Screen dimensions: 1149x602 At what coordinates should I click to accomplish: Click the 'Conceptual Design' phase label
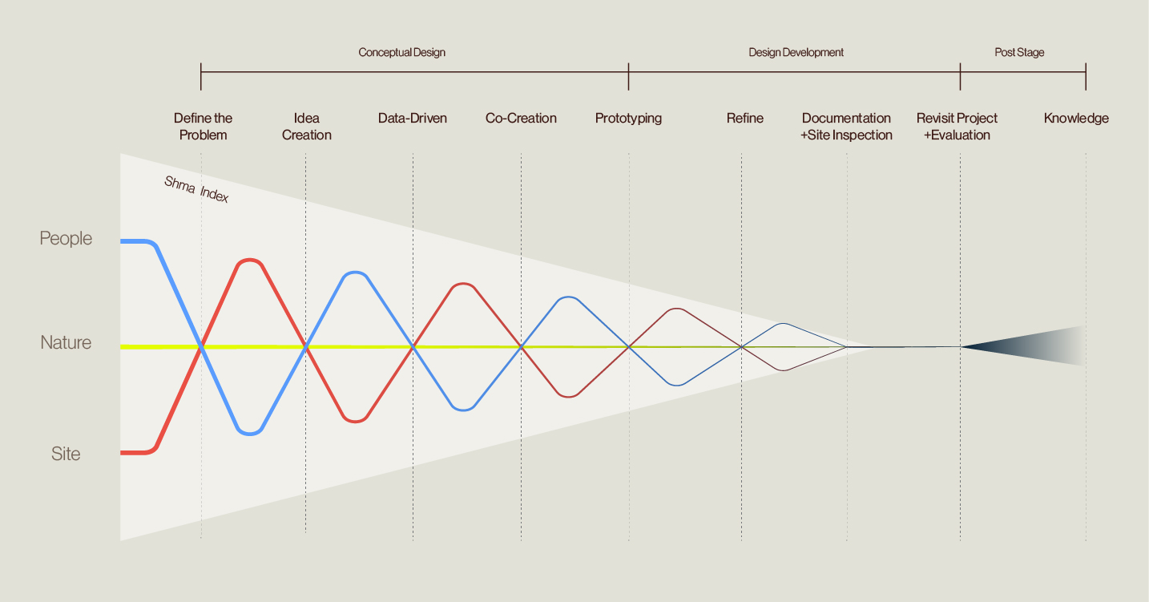[x=401, y=52]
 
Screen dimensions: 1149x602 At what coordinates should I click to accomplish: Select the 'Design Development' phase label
[x=796, y=52]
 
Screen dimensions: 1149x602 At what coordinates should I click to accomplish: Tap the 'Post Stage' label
[x=1019, y=52]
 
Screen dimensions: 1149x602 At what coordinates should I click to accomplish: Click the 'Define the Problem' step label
[x=204, y=126]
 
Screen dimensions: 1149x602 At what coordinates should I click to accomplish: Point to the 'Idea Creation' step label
[x=307, y=126]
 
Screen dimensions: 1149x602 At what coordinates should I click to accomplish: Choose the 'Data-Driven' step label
[x=413, y=118]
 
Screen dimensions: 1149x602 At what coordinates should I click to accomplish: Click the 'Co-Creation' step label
[x=521, y=118]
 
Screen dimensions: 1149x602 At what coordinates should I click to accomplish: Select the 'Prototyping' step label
[x=628, y=119]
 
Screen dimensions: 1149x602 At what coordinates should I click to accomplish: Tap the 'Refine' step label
[x=745, y=118]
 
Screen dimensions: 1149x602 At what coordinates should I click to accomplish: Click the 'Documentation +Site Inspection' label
[x=846, y=126]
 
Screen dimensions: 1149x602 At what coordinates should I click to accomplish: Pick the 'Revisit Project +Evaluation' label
[x=957, y=126]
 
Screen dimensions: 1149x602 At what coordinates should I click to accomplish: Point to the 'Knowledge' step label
[x=1076, y=119]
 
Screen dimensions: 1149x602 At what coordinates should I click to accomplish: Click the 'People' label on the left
[x=66, y=239]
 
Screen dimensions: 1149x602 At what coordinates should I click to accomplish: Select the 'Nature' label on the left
[x=66, y=342]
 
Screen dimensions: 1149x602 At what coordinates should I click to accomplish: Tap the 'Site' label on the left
[x=66, y=454]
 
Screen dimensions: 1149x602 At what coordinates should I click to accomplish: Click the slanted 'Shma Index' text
[x=196, y=189]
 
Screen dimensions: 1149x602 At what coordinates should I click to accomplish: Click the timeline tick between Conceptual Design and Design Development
[x=628, y=76]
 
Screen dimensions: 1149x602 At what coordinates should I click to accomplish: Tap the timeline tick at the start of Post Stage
[x=960, y=76]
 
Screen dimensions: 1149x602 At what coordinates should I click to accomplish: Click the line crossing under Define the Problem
[x=202, y=347]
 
